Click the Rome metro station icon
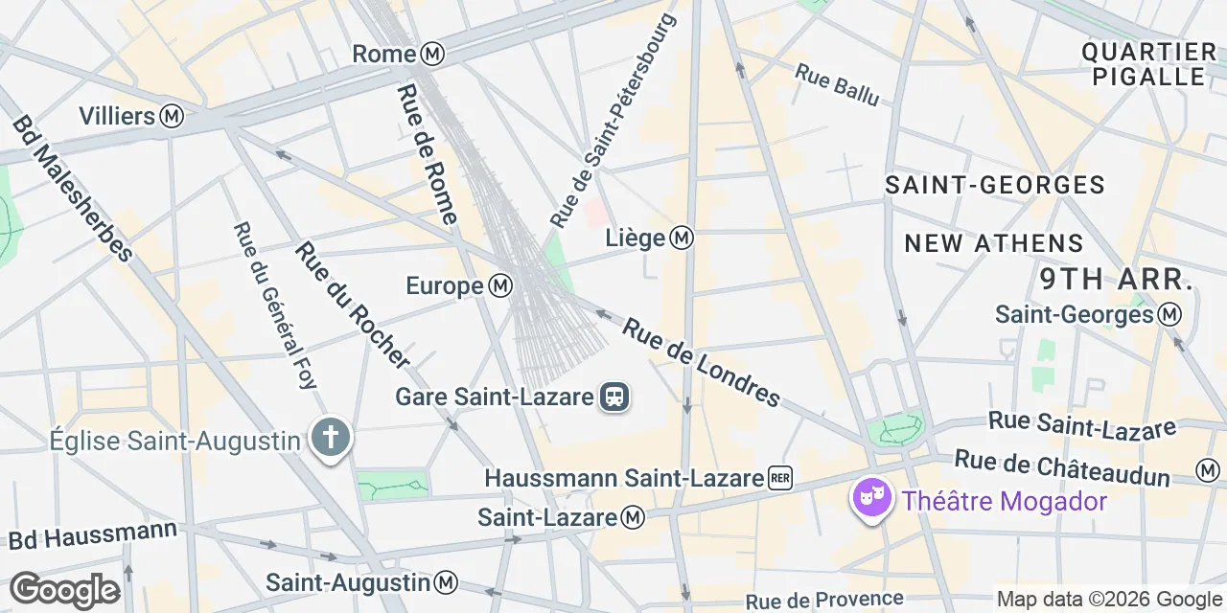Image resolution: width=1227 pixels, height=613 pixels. [x=433, y=54]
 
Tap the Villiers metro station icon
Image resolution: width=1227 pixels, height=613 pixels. [x=173, y=117]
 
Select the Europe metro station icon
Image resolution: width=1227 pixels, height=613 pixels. [x=500, y=285]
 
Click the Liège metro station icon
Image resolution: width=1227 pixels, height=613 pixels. [x=682, y=238]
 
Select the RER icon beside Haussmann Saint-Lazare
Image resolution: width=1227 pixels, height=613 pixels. [x=780, y=478]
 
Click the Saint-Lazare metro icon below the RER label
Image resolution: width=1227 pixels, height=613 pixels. [x=633, y=518]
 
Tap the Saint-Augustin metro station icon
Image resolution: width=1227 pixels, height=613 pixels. [x=446, y=581]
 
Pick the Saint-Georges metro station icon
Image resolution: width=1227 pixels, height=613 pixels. [x=1169, y=314]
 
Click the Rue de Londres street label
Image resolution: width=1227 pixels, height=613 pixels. [x=701, y=362]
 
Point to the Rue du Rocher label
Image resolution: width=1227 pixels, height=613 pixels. [x=352, y=305]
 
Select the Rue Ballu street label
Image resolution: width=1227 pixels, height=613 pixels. [x=836, y=86]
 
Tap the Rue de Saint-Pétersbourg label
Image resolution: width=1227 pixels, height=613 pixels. [x=613, y=121]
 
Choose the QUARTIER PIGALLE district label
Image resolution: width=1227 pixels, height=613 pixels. [x=1148, y=64]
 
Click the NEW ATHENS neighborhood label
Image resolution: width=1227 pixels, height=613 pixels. [x=994, y=243]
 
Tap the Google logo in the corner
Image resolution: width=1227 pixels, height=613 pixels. [x=64, y=590]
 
